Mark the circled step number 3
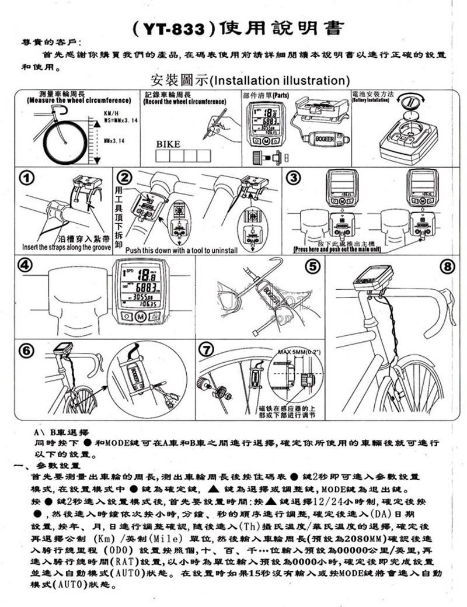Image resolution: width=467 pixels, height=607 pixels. tap(294, 178)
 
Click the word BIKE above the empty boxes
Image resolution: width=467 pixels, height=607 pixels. tap(168, 143)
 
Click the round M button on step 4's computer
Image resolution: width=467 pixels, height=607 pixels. tap(140, 317)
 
